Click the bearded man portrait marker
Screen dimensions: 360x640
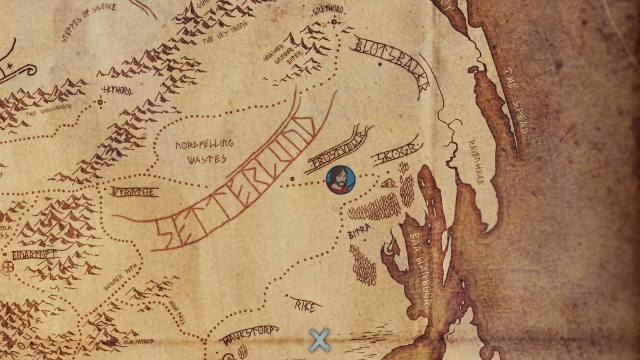(x=340, y=180)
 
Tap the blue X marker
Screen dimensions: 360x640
(x=319, y=341)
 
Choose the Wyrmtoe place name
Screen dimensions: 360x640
(x=135, y=192)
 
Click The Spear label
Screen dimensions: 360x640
(x=516, y=110)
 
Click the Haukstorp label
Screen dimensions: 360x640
(x=249, y=334)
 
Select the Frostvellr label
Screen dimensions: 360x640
(x=338, y=151)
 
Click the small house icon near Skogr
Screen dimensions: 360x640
(x=389, y=182)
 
